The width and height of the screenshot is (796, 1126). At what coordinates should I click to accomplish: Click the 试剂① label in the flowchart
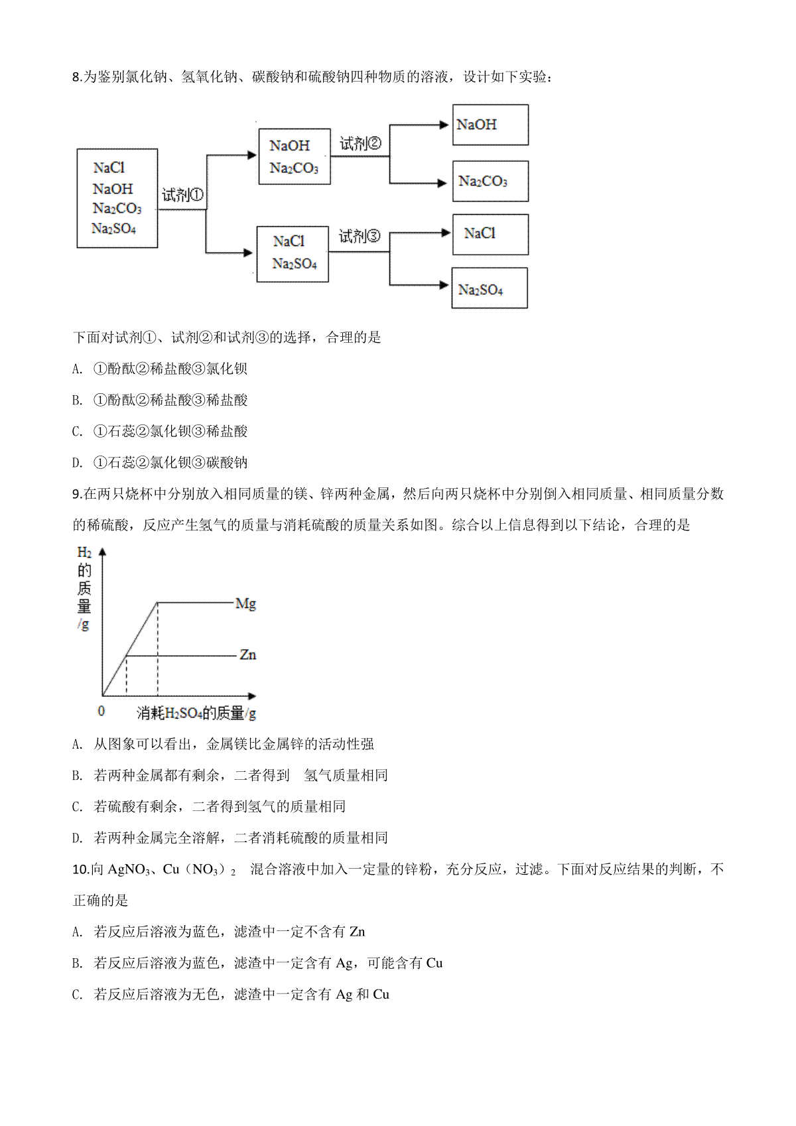(x=182, y=195)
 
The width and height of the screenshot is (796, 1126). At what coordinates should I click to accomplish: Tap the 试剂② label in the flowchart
(x=360, y=143)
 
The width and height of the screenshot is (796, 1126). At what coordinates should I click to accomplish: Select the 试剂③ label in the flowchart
(x=360, y=236)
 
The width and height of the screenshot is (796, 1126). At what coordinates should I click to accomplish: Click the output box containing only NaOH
(x=490, y=125)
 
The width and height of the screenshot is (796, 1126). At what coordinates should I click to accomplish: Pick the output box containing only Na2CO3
(x=490, y=181)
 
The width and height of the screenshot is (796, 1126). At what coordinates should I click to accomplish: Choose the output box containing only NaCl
(x=490, y=234)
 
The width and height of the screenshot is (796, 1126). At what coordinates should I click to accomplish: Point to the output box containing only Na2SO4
(x=490, y=288)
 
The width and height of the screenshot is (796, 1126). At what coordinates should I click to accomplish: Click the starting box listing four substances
(x=117, y=198)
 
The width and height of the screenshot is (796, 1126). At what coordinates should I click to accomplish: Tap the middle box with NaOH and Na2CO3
(x=294, y=156)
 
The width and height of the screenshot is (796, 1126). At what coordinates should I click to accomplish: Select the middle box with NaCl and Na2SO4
(x=293, y=253)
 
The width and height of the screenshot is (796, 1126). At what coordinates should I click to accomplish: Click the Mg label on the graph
(x=245, y=603)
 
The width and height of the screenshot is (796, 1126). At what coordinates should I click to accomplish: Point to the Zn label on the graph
(x=247, y=655)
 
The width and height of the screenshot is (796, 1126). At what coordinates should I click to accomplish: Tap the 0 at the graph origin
(x=101, y=711)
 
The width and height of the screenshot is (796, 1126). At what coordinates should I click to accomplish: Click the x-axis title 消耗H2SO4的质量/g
(x=196, y=714)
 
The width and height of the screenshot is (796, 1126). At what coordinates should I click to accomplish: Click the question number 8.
(x=76, y=77)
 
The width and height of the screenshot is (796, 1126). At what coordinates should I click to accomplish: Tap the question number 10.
(x=79, y=869)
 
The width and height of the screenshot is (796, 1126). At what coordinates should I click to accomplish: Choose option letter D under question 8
(x=77, y=463)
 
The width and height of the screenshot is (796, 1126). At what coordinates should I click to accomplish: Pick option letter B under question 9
(x=77, y=776)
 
